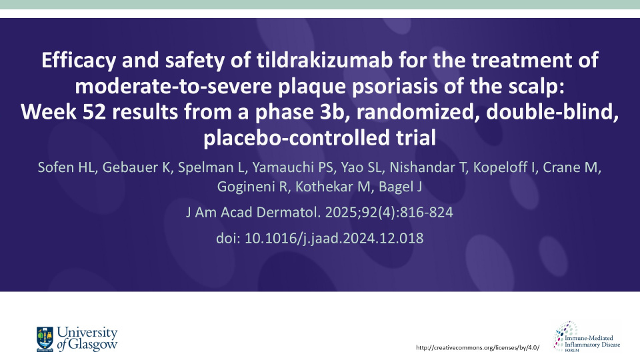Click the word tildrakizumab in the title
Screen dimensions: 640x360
point(325,60)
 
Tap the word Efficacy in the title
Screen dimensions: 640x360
point(79,61)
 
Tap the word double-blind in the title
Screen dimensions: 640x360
point(552,112)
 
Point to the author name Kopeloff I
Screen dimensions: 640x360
point(505,167)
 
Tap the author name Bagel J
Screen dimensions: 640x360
point(401,187)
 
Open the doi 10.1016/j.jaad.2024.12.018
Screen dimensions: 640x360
point(334,238)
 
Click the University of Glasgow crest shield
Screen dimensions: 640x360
point(45,339)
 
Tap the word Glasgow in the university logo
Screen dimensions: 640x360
point(93,345)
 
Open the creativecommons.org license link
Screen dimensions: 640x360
point(477,348)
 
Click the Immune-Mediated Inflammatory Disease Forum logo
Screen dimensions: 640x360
point(587,337)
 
